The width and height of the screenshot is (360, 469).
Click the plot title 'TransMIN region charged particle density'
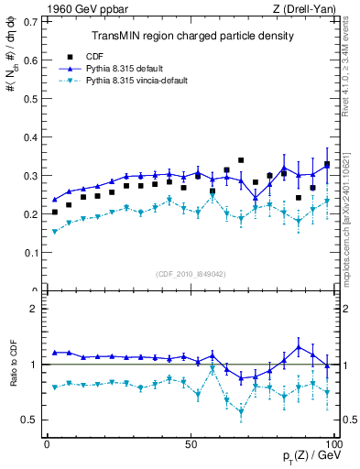[192, 36]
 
